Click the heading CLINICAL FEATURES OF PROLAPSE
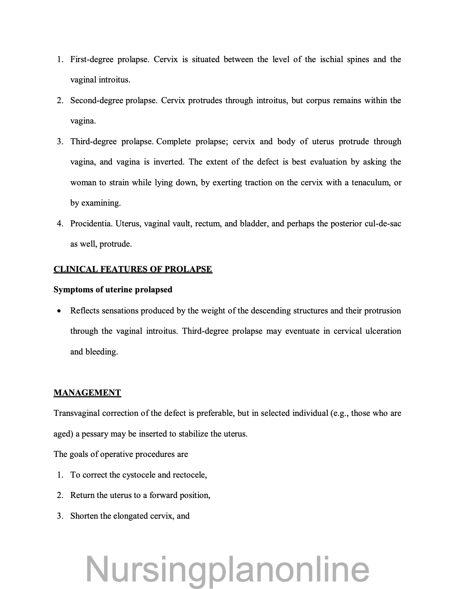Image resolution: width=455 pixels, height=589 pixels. pyautogui.click(x=133, y=269)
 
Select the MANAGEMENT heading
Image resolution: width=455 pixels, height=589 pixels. pyautogui.click(x=87, y=393)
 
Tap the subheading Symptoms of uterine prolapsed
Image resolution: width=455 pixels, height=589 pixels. pyautogui.click(x=113, y=290)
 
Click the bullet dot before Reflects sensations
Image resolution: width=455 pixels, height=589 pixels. pyautogui.click(x=59, y=311)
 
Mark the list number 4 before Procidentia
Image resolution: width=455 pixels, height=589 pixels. pyautogui.click(x=59, y=224)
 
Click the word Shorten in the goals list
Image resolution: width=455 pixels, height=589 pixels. pyautogui.click(x=84, y=516)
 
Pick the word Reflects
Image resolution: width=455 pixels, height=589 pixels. pyautogui.click(x=85, y=311)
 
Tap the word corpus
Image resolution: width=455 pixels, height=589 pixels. pyautogui.click(x=317, y=101)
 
